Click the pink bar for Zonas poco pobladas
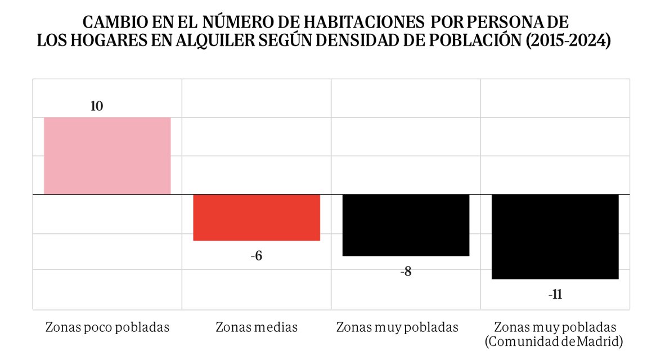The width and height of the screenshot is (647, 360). [x=107, y=156]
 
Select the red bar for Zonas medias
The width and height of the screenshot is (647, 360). [x=257, y=217]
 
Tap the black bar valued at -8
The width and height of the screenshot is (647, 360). [x=406, y=225]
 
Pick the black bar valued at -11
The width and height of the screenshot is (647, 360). [x=555, y=236]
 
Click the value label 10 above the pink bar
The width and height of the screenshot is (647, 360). [x=97, y=106]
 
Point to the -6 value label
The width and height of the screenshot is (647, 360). [x=257, y=256]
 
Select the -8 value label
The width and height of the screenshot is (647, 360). [x=406, y=272]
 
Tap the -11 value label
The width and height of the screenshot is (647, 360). [x=555, y=295]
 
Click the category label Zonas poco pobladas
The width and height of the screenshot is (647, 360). [x=107, y=327]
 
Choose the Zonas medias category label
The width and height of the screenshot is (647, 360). [x=257, y=327]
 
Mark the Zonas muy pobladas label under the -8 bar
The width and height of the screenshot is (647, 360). [x=397, y=327]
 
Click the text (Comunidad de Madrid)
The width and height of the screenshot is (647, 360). [x=555, y=341]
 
